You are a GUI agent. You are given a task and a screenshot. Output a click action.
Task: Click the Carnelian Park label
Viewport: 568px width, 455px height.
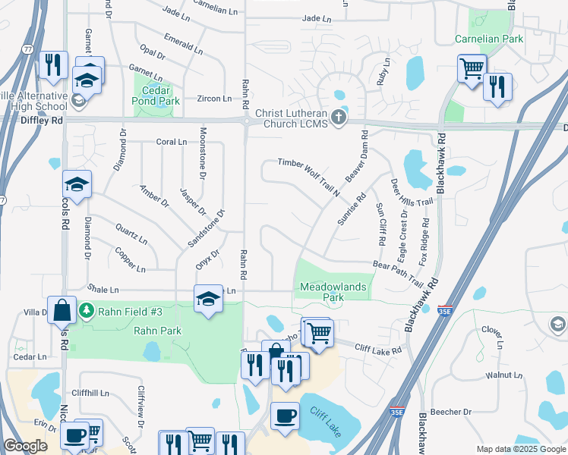point(490,38)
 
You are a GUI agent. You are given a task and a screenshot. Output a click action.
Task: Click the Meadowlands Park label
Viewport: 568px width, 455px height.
point(333,292)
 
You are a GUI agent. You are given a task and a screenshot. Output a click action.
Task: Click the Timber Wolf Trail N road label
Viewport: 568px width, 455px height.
point(308,173)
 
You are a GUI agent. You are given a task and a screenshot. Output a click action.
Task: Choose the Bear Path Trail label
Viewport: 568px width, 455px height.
point(397,271)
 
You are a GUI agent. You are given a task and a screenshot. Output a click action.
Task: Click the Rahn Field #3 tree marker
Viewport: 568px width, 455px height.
point(87,310)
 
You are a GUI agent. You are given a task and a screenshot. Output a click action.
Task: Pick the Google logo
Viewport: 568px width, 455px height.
point(25,446)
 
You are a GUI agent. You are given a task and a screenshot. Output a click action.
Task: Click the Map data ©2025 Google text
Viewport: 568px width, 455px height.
point(521,449)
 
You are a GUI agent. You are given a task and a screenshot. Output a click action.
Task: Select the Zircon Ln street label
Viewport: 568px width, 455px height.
point(214,99)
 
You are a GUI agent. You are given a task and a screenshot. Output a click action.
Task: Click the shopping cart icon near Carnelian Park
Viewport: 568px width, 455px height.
point(471,68)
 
